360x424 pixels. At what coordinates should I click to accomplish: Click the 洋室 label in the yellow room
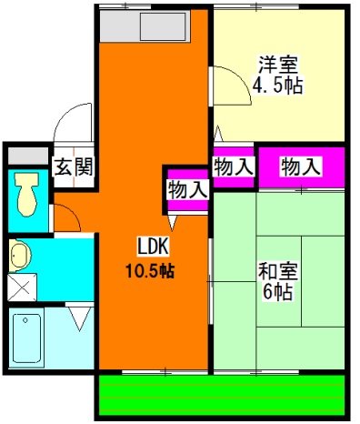point(279,66)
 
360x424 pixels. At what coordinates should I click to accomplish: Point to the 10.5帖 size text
point(150,269)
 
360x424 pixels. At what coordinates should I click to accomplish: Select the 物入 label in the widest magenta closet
point(301,167)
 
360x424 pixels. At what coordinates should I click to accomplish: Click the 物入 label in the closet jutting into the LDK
point(188,189)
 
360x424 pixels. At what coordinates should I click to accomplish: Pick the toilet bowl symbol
point(26,191)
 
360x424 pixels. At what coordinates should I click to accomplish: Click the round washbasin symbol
point(20,254)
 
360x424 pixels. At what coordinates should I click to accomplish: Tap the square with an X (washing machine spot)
point(22,288)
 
